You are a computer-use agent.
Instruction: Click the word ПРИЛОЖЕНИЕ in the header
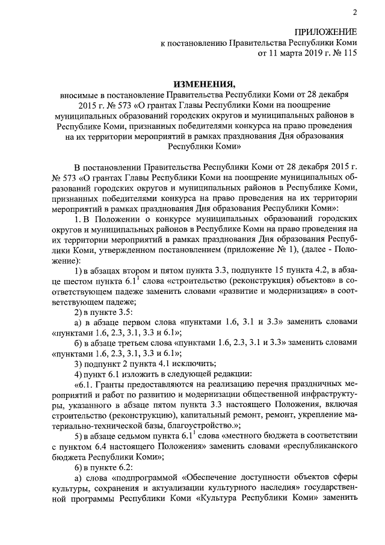click(325, 31)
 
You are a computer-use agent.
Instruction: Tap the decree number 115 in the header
click(348, 54)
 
